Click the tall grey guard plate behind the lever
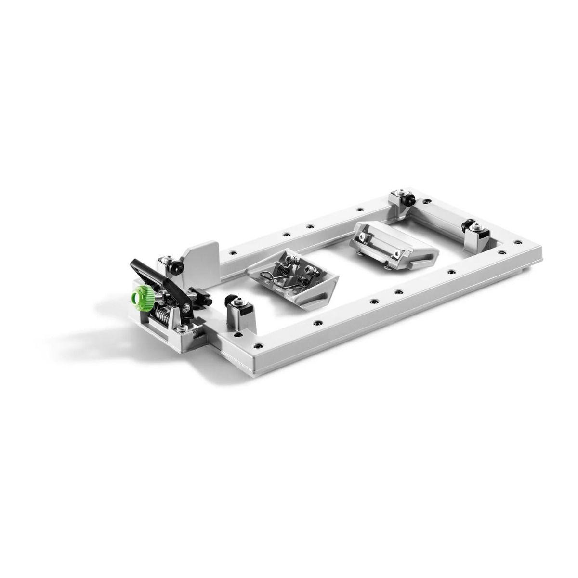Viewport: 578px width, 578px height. click(202, 260)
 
